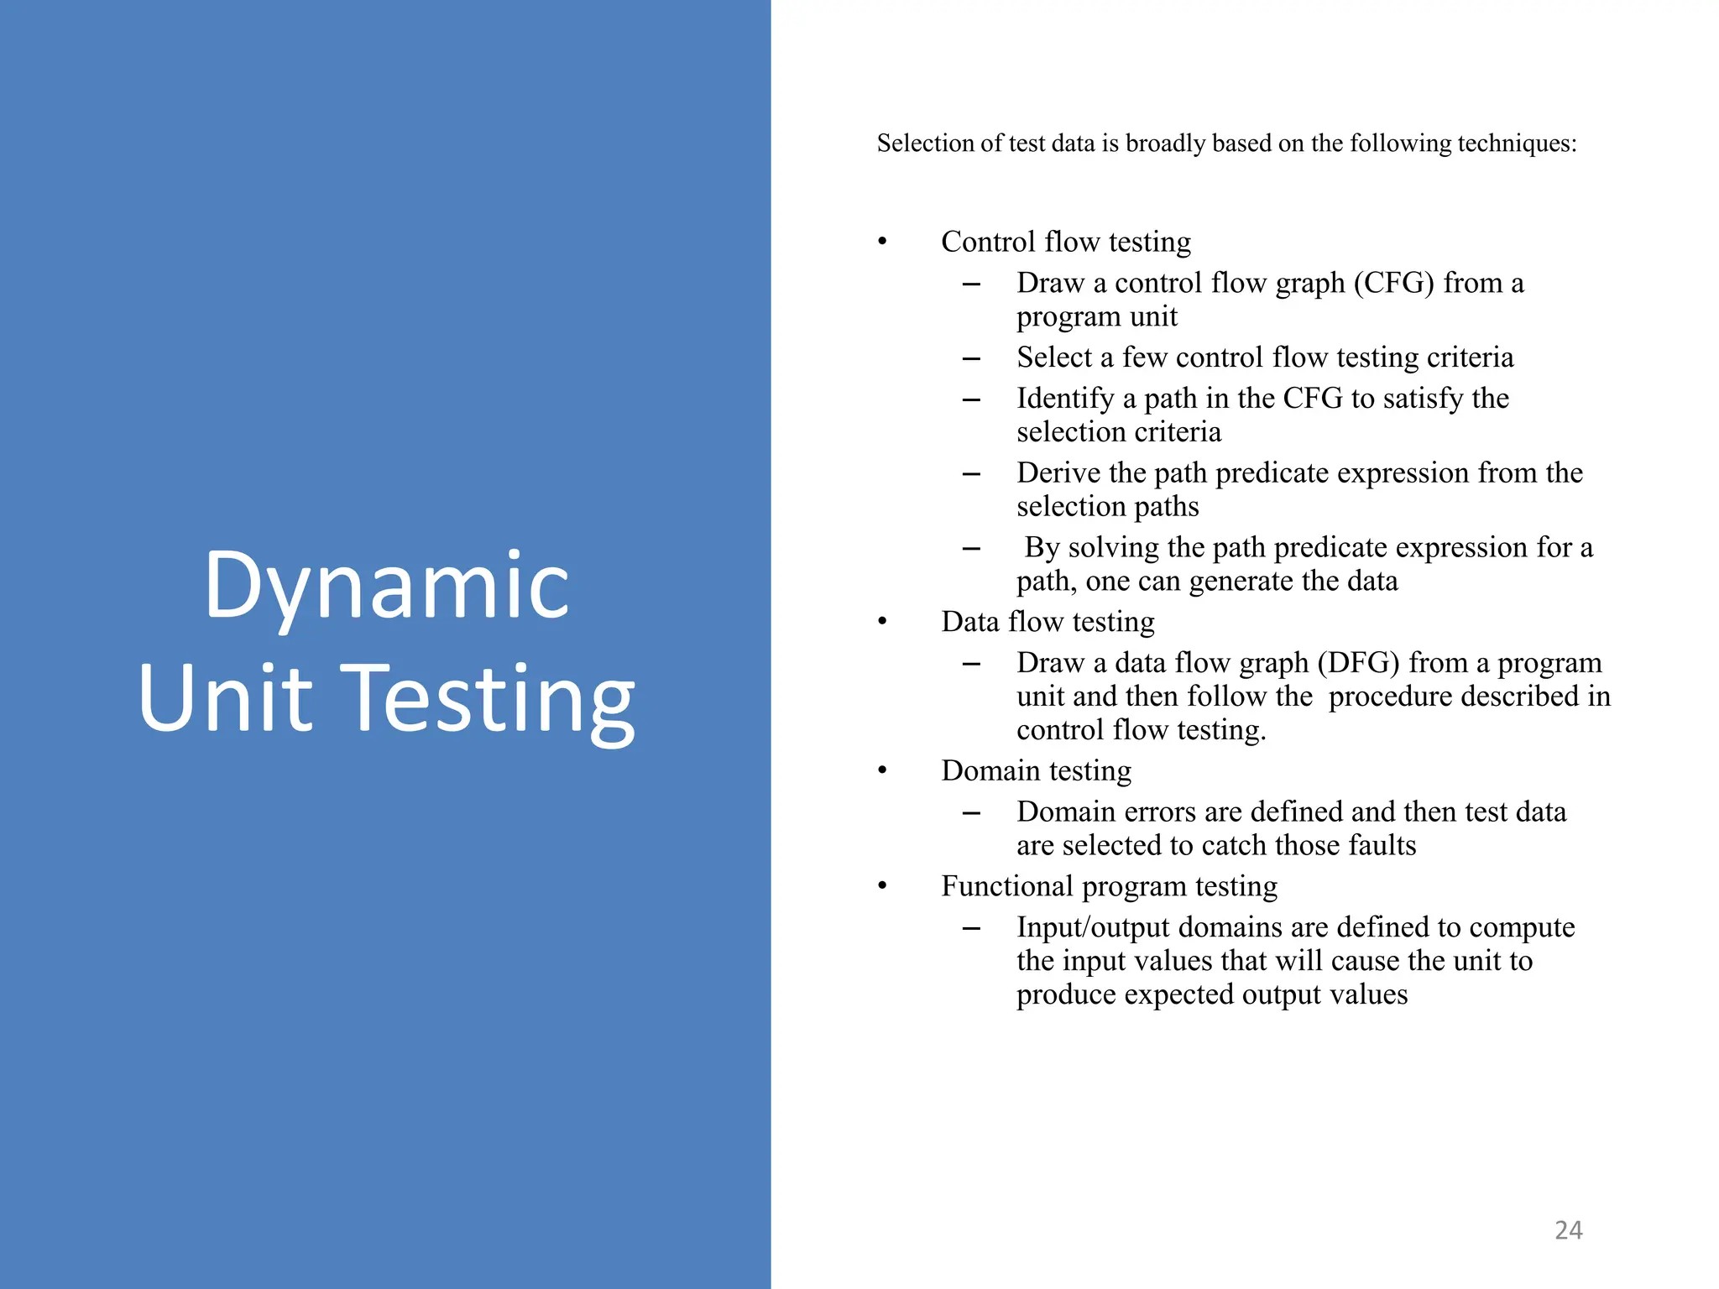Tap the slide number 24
(x=1568, y=1230)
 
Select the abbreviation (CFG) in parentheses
(x=1393, y=283)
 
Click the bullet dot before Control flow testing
(x=882, y=243)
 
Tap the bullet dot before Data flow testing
(x=882, y=623)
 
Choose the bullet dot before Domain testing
(x=882, y=771)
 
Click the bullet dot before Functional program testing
(x=882, y=887)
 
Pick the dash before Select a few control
(x=971, y=359)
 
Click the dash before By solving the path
(x=971, y=549)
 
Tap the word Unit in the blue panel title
(x=226, y=698)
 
